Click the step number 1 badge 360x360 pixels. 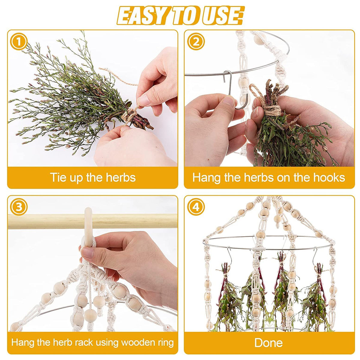point(19,41)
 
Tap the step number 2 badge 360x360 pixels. point(196,41)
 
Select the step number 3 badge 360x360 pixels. point(19,207)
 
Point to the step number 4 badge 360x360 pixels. point(196,207)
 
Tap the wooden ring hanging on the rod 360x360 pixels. point(88,227)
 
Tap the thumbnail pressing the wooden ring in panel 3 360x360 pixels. point(87,252)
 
